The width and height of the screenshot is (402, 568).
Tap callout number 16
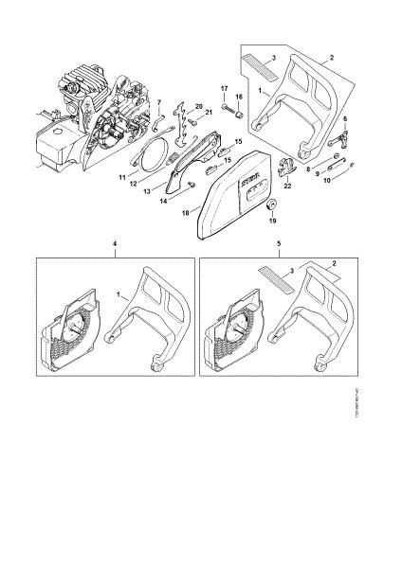(239, 97)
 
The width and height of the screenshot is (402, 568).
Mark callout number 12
(135, 183)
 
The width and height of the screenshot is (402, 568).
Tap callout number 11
(122, 176)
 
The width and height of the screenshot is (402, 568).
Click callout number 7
(159, 101)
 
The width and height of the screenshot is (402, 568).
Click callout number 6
(346, 120)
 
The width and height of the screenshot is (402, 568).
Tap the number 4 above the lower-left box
(115, 244)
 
